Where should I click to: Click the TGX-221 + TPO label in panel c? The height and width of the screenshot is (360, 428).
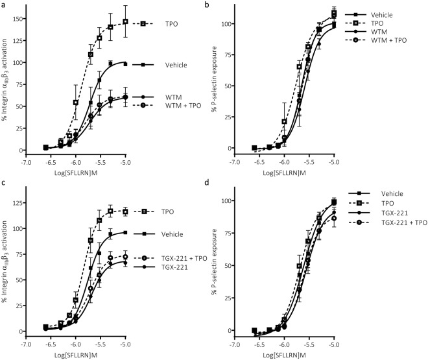pyautogui.click(x=184, y=257)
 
